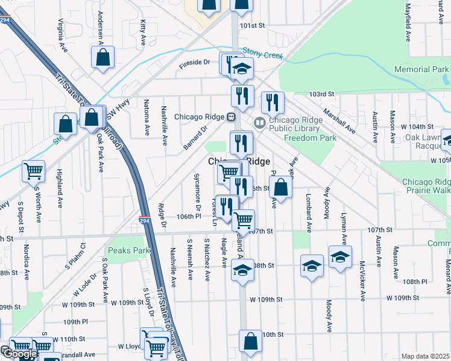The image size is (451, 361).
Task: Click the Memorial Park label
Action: [x=421, y=70]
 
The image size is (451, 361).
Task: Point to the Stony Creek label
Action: [x=262, y=55]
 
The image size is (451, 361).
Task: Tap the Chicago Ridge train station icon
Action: [x=231, y=117]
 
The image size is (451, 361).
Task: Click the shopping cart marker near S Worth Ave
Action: [x=33, y=171]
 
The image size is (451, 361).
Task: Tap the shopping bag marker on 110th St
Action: [x=250, y=342]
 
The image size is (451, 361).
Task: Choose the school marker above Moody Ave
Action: [x=340, y=258]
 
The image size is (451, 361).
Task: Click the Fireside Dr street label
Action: [x=194, y=62]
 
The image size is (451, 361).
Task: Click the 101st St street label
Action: [x=252, y=26]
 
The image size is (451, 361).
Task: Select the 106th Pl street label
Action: [x=189, y=216]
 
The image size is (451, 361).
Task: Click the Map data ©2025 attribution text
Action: [x=425, y=356]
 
